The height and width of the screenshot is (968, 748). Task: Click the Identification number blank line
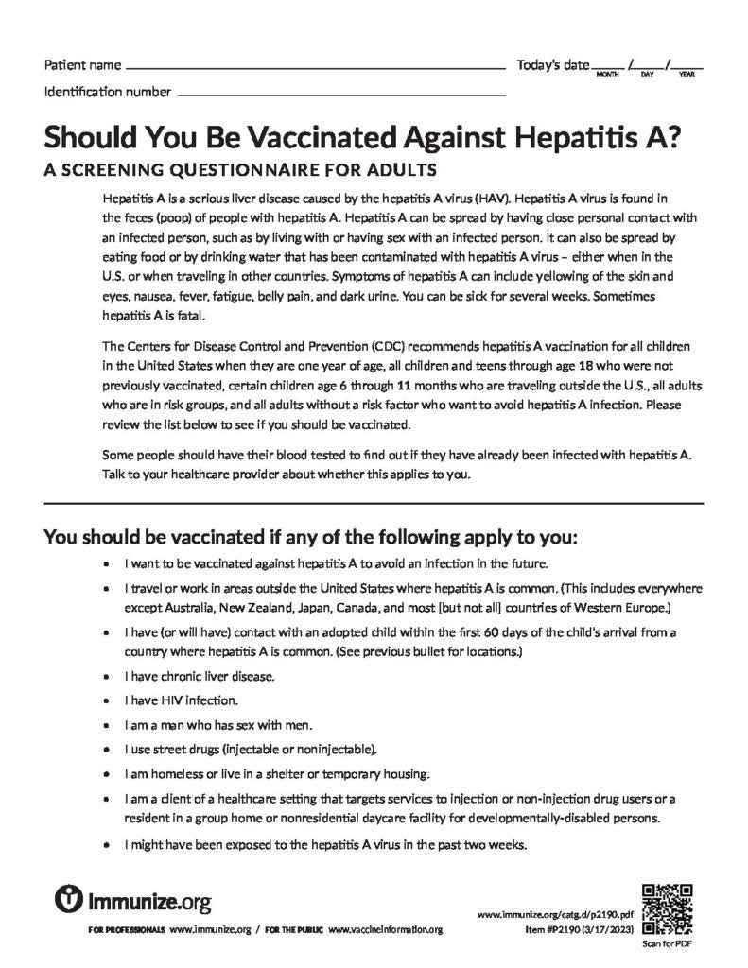tap(340, 95)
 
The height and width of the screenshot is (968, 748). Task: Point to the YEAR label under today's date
tap(687, 74)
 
